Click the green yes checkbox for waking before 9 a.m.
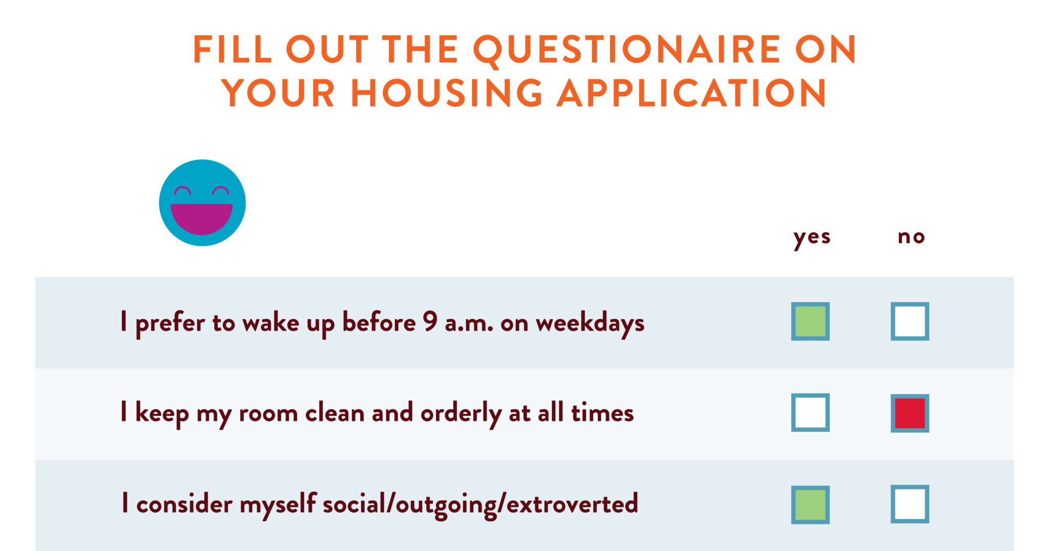810,321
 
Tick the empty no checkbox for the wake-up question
910,321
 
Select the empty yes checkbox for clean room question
810,412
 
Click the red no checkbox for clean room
910,413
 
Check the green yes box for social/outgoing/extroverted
810,504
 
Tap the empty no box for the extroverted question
910,504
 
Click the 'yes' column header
812,237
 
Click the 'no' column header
911,237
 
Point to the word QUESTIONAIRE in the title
626,50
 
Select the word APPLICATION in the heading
691,93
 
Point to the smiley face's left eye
182,191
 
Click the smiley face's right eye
221,191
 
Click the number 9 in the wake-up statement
430,321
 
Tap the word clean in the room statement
334,413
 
